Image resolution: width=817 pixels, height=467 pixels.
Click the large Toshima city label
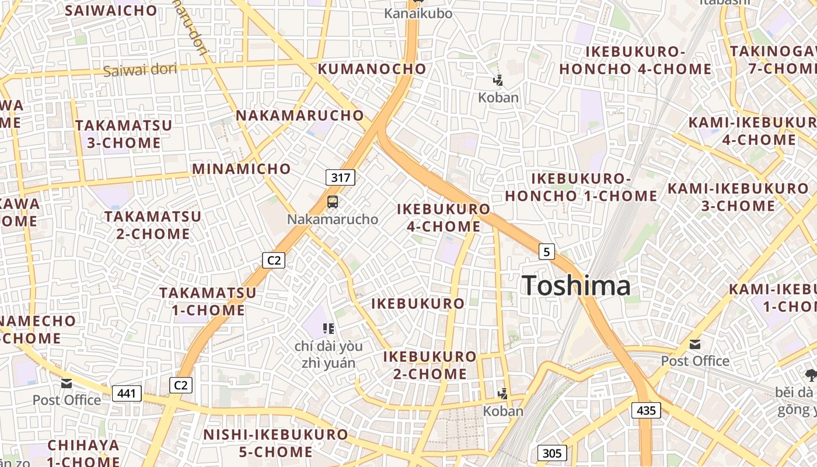(x=576, y=285)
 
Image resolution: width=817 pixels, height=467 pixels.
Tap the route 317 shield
(x=340, y=177)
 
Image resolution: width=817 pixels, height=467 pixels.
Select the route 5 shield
(x=546, y=252)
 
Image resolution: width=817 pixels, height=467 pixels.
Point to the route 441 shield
(x=127, y=393)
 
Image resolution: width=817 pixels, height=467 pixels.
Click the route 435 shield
(x=646, y=410)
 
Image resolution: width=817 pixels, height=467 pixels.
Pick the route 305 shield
(x=551, y=453)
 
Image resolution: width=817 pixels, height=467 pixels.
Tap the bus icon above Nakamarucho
(x=333, y=202)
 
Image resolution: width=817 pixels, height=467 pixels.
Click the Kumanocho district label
(x=372, y=69)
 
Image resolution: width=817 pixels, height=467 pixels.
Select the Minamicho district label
(x=242, y=169)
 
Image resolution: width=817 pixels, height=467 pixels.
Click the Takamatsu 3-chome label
(x=124, y=134)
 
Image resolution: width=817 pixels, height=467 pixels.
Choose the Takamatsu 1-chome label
(x=208, y=301)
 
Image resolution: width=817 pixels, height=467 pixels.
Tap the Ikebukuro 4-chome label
(x=444, y=218)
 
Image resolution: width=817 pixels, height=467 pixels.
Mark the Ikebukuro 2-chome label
(x=430, y=365)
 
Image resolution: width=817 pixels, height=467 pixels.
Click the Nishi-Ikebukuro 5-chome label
(x=275, y=443)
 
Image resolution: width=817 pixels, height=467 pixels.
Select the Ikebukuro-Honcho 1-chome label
(x=581, y=187)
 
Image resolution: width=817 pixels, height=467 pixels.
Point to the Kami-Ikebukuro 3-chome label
(x=738, y=197)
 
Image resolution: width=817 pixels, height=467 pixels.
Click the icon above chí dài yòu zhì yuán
(x=328, y=329)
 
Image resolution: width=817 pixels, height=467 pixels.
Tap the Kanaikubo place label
(x=418, y=13)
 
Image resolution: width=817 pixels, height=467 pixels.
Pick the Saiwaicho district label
(x=111, y=10)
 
